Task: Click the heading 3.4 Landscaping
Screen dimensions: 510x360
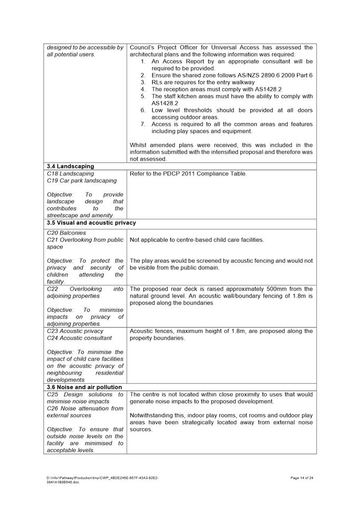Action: pos(72,166)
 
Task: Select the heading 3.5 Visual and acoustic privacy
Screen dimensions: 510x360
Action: pos(91,222)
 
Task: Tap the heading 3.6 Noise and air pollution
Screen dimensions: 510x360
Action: pos(84,387)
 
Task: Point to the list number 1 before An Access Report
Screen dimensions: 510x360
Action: pos(143,61)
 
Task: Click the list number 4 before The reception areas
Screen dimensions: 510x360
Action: pos(143,89)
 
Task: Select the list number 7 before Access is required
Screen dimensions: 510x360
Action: pos(143,124)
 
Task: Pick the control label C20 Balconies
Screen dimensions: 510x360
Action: pos(66,233)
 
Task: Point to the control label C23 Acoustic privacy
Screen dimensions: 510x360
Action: pos(75,331)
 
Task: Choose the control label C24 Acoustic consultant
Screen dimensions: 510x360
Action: pos(79,338)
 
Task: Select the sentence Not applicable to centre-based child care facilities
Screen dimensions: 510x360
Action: pos(197,240)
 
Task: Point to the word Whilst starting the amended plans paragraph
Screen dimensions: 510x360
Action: pos(139,145)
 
